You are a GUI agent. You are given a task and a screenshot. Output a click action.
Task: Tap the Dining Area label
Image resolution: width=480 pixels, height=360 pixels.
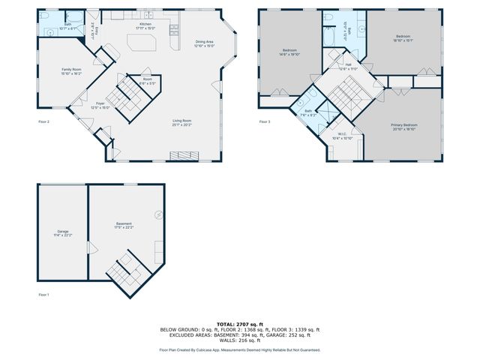click(204, 43)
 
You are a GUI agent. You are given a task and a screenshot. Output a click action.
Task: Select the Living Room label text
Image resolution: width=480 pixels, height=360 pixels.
click(182, 121)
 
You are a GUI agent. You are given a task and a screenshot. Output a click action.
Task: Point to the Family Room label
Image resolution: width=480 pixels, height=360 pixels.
click(72, 70)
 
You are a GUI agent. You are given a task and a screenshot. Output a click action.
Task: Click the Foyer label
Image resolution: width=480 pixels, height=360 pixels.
click(100, 105)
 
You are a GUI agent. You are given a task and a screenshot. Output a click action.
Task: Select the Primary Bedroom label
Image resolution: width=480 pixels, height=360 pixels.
click(404, 126)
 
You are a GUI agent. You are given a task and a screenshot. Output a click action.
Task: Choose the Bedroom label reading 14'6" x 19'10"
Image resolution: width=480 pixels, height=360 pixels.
click(289, 52)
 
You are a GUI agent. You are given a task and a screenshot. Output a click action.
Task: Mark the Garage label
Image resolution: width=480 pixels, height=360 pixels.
click(62, 233)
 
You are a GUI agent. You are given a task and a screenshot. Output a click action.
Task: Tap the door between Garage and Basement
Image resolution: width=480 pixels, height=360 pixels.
click(89, 248)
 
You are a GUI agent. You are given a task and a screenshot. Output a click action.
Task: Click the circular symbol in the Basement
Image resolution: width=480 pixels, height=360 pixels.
click(158, 215)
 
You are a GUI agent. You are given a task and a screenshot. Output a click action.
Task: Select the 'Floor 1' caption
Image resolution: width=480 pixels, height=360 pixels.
click(43, 295)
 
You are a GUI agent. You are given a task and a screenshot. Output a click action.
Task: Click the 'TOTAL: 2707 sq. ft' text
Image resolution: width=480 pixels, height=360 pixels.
click(239, 324)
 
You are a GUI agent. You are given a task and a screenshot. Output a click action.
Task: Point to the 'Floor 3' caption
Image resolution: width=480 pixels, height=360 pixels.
click(265, 121)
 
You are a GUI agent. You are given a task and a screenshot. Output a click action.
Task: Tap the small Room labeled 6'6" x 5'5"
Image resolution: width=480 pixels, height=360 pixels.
click(148, 81)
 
